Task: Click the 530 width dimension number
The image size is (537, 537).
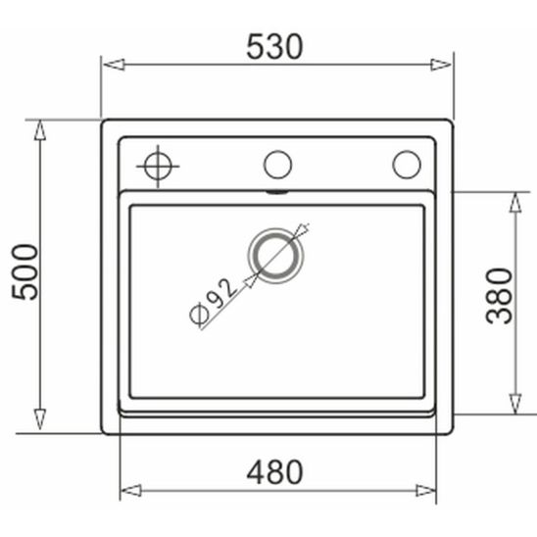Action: click(275, 45)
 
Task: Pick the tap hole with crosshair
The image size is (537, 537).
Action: click(157, 165)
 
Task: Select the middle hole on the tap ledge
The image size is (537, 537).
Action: click(277, 164)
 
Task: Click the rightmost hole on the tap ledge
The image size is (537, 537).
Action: click(406, 164)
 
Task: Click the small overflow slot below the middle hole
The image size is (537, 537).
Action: click(277, 192)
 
